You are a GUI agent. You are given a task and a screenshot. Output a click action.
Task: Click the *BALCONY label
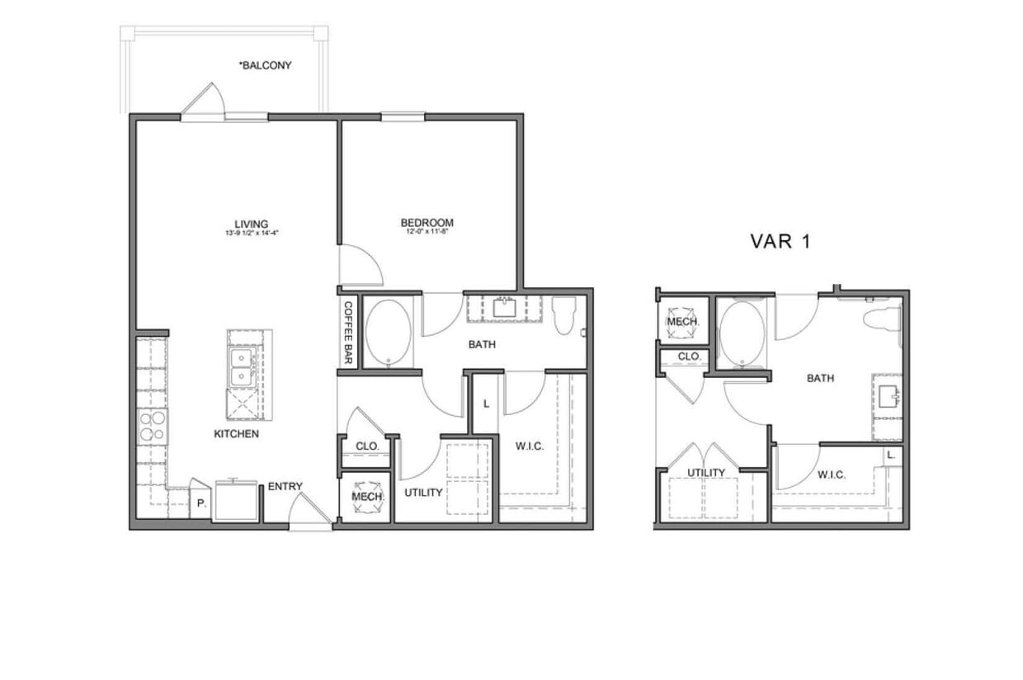point(265,65)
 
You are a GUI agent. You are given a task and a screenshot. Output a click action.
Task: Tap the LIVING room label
point(251,224)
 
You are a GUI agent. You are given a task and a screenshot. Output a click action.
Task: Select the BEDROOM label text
point(427,223)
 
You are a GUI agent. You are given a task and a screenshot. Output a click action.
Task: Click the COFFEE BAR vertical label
point(347,333)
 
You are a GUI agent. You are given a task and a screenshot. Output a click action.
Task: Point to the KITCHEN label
point(237,433)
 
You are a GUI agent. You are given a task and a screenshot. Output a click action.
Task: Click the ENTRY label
point(285,486)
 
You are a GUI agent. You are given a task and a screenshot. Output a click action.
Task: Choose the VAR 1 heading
point(780,241)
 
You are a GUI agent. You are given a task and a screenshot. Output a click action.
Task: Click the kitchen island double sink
point(242,367)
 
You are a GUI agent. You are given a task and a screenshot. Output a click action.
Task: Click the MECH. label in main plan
point(365,497)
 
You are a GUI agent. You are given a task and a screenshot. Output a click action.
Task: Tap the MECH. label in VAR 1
point(683,321)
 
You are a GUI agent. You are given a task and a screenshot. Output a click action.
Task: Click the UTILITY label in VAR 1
point(706,473)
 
